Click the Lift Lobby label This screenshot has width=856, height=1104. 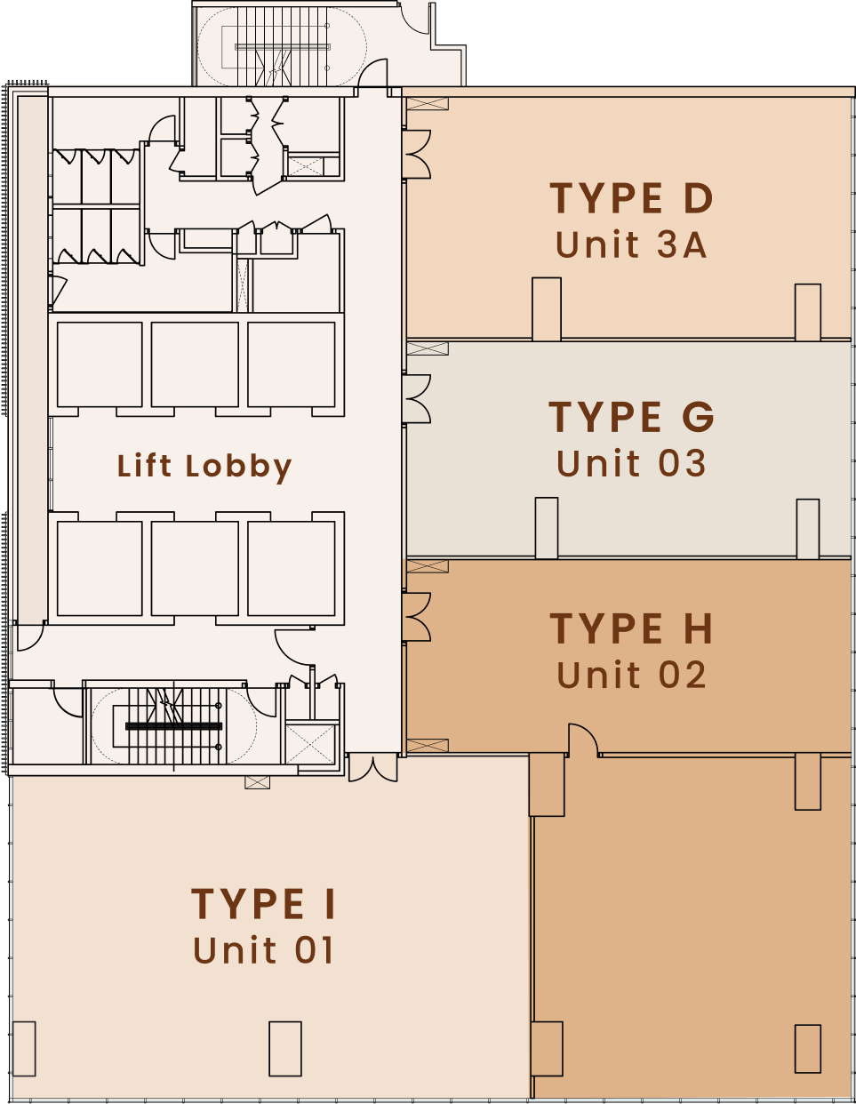point(204,467)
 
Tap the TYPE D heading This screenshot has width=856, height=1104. point(631,197)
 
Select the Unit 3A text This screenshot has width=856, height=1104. point(631,244)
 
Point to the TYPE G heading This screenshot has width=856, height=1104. point(631,417)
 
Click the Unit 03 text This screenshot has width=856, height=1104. point(631,463)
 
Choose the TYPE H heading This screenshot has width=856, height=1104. point(631,628)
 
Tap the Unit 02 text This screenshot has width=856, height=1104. point(631,675)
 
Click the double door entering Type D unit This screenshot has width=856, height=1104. point(418,154)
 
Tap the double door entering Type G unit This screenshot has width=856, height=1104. point(418,399)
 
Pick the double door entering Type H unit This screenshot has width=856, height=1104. point(418,617)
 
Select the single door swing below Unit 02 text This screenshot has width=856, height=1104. point(583,740)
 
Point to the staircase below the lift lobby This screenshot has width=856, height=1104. point(173,726)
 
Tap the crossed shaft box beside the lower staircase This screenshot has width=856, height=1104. point(310,744)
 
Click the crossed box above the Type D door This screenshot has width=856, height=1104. point(428,104)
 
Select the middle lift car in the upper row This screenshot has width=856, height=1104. point(195,364)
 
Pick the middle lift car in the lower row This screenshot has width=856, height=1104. point(195,569)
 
